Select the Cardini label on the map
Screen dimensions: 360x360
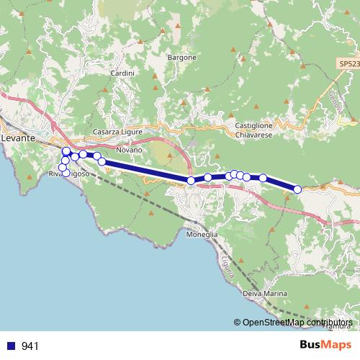coord(119,73)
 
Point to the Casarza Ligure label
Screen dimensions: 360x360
coord(119,132)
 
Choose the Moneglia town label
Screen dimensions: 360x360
coord(202,235)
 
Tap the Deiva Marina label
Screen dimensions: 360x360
coord(266,294)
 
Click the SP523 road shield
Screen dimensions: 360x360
coord(348,64)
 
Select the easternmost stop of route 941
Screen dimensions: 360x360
coord(297,189)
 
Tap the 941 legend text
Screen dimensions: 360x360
coord(30,346)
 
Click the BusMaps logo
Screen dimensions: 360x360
coord(329,345)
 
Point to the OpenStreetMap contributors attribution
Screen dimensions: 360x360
coord(297,323)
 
